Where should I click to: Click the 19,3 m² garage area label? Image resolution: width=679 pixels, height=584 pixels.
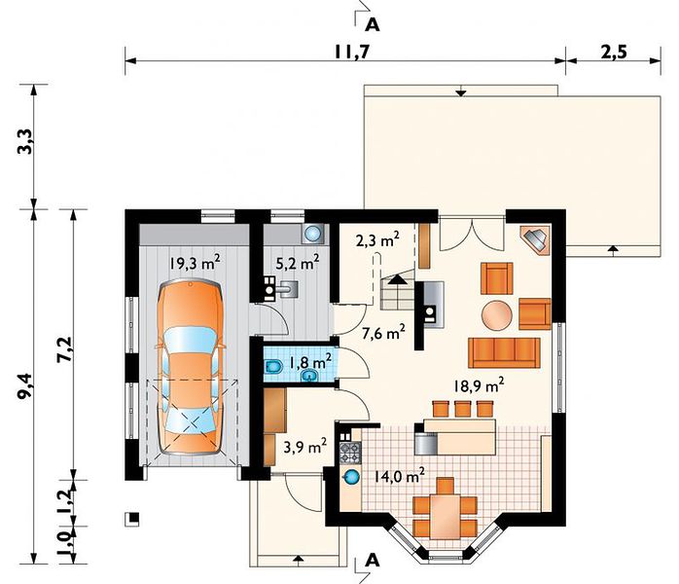pyautogui.click(x=195, y=262)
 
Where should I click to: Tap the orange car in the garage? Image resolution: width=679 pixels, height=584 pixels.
pyautogui.click(x=190, y=367)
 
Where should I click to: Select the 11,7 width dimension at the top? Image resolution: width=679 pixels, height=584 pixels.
pyautogui.click(x=351, y=52)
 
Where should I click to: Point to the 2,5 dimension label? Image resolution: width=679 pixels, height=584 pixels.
pyautogui.click(x=614, y=52)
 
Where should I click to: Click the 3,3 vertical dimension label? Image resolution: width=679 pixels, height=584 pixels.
pyautogui.click(x=25, y=142)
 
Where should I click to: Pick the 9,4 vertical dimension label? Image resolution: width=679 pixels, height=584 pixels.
pyautogui.click(x=25, y=385)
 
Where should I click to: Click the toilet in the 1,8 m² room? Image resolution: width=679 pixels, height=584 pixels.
pyautogui.click(x=272, y=368)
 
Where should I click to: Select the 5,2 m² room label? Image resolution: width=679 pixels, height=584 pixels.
pyautogui.click(x=298, y=262)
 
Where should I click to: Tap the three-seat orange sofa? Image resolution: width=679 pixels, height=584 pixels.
pyautogui.click(x=504, y=352)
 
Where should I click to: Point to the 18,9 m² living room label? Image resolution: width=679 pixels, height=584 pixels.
pyautogui.click(x=479, y=385)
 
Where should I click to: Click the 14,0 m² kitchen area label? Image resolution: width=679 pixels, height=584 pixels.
pyautogui.click(x=399, y=476)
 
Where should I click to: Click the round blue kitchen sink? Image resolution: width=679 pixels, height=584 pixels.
pyautogui.click(x=351, y=477)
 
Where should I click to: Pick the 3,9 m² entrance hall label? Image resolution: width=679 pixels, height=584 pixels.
pyautogui.click(x=304, y=447)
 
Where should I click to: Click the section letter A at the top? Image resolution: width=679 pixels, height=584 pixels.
pyautogui.click(x=373, y=25)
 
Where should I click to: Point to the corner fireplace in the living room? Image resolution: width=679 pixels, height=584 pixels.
pyautogui.click(x=536, y=239)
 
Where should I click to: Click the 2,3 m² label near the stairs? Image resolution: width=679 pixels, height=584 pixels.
pyautogui.click(x=377, y=239)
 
